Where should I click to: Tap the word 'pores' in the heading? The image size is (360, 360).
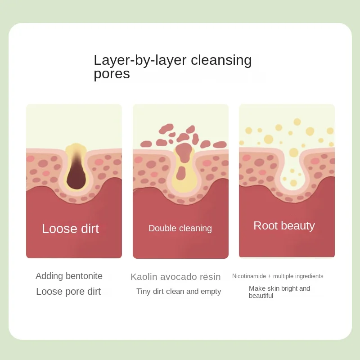[x=112, y=74]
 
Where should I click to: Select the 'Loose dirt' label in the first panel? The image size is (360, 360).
[x=71, y=229]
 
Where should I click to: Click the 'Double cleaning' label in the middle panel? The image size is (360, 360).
[x=180, y=228]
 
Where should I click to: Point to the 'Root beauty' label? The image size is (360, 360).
[x=284, y=225]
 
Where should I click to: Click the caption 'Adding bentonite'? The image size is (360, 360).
[x=69, y=276]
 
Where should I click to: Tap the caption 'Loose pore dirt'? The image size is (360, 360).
[x=68, y=291]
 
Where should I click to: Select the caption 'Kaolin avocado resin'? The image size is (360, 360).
[x=175, y=277]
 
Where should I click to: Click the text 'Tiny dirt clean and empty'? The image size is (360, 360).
[x=179, y=291]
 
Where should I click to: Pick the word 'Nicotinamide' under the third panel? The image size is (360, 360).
[x=249, y=276]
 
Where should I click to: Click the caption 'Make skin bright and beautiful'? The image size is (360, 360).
[x=279, y=292]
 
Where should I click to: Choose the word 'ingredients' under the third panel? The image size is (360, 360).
[x=307, y=276]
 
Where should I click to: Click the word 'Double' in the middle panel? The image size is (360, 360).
[x=162, y=228]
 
